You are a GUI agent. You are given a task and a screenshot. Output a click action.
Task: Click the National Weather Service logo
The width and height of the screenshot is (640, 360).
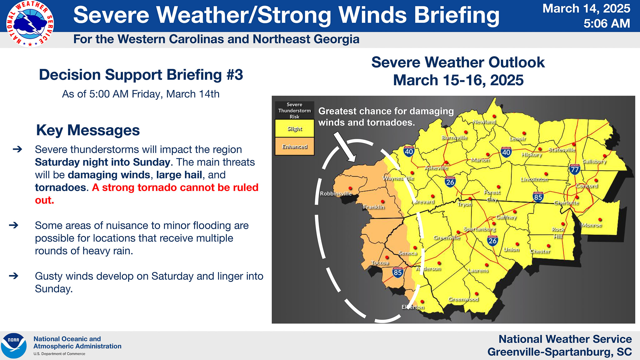point(30,24)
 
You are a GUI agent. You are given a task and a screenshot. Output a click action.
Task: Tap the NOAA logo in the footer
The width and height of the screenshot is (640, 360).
point(14,346)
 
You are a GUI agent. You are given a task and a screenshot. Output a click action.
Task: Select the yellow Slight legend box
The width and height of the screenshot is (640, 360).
point(295,128)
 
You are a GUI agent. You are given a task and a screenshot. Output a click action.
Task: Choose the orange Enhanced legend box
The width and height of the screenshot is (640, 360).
point(295,147)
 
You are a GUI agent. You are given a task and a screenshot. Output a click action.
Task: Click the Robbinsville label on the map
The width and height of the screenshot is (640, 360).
point(336,194)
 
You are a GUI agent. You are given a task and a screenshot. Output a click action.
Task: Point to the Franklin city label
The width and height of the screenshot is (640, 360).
point(374,207)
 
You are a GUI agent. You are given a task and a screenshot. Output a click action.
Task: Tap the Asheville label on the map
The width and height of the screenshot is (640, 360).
point(436,168)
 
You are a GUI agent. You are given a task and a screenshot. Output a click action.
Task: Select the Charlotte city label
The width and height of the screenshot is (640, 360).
point(566,203)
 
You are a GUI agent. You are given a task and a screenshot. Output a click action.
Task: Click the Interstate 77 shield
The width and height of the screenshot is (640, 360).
point(575,169)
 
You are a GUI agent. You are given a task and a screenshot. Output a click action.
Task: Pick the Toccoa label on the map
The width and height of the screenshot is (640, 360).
point(380,263)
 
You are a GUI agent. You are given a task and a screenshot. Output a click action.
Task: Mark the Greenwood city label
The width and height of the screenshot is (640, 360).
point(463,299)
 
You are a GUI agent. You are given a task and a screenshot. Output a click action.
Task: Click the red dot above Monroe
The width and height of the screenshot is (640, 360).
point(600,220)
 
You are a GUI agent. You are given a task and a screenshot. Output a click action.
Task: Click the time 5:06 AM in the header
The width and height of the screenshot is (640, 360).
point(607,23)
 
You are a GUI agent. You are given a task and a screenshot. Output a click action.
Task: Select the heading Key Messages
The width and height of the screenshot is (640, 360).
point(88,130)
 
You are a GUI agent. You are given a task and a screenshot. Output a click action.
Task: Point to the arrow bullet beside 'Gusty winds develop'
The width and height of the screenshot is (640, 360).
point(14,276)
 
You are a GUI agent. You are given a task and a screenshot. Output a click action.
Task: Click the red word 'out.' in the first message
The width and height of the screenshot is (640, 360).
point(44,200)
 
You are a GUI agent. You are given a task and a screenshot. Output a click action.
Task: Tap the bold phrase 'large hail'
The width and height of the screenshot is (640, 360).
point(179,175)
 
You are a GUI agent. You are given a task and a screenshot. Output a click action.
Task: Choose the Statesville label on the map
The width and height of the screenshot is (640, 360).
point(562,150)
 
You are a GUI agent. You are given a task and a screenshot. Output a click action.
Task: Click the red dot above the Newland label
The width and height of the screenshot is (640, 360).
point(494,117)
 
